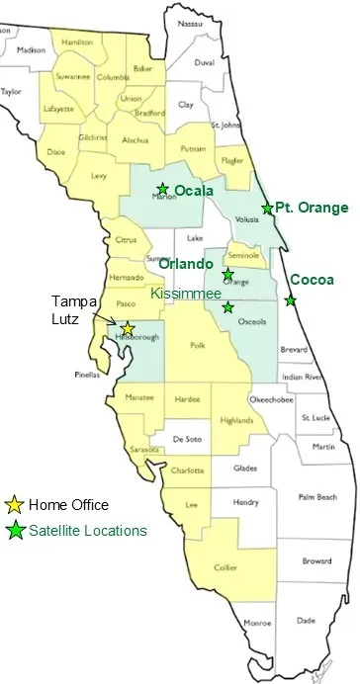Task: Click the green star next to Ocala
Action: pos(162,189)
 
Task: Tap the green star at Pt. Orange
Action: pos(266,208)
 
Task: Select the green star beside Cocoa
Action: pos(291,300)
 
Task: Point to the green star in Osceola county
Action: pos(228,307)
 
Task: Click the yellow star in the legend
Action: pos(15,505)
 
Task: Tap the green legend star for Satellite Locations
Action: pos(15,531)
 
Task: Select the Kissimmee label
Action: pos(184,294)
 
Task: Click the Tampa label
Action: pos(70,303)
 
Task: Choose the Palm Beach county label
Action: pos(317,496)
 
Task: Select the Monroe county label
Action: pos(257,623)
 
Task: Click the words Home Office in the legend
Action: pos(68,505)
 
